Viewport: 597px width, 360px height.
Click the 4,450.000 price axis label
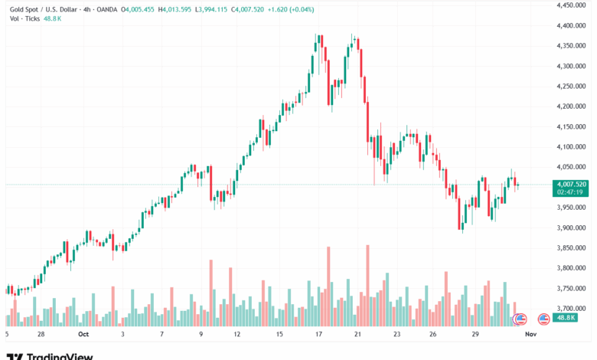tap(573, 5)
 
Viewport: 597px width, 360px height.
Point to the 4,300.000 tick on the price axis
tap(573, 66)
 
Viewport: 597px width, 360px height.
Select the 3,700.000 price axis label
tap(573, 308)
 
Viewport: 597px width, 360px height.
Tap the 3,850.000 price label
tap(573, 247)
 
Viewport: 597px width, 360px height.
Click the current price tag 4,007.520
tap(573, 184)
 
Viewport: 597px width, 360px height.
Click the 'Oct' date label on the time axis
tap(83, 334)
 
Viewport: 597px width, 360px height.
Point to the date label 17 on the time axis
tap(318, 334)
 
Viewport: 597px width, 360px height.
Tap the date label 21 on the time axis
tap(357, 334)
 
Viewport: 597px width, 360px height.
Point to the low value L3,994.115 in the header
tap(217, 8)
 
